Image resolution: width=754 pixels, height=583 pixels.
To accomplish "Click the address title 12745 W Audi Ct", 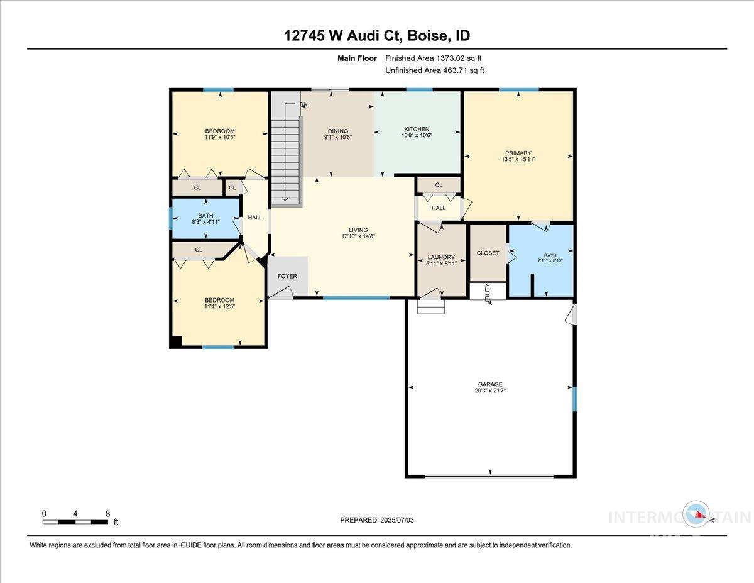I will tap(376, 35).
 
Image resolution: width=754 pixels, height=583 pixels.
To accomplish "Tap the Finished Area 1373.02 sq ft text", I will tap(434, 58).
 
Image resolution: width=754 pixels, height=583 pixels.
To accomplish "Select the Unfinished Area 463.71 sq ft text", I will tap(434, 70).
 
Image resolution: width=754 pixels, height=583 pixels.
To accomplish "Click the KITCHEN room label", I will tap(417, 129).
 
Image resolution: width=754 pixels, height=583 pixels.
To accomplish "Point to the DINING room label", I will tap(337, 131).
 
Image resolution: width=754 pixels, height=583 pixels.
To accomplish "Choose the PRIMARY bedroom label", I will tap(518, 153).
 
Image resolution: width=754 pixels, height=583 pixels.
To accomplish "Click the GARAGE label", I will tap(490, 384).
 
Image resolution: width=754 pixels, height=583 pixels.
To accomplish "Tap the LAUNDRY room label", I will tap(441, 257).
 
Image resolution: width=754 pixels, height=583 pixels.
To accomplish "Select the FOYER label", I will tap(287, 276).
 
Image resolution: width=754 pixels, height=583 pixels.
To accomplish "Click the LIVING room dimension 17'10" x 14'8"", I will tap(358, 236).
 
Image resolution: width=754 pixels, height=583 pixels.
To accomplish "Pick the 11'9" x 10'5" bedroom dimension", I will tap(219, 137).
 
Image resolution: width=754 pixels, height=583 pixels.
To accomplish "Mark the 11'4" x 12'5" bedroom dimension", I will tap(219, 306).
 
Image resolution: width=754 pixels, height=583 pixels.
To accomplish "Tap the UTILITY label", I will tap(487, 294).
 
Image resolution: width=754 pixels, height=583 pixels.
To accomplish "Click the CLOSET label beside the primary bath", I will tap(488, 253).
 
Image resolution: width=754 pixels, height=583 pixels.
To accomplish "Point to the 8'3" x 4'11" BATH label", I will tap(205, 222).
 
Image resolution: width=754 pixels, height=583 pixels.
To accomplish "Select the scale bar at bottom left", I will tap(75, 521).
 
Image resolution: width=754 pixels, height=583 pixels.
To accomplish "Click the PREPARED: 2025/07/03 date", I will tap(377, 520).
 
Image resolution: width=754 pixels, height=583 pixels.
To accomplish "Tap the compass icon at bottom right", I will tap(697, 515).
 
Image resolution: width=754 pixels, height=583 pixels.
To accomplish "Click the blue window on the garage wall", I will tap(574, 399).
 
